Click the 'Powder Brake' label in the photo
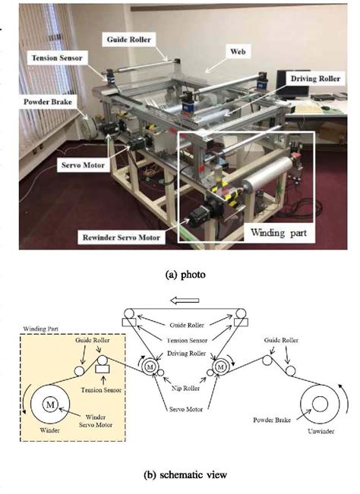pyautogui.click(x=48, y=102)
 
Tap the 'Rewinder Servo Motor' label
pyautogui.click(x=122, y=238)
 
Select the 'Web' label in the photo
pyautogui.click(x=238, y=52)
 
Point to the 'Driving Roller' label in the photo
pyautogui.click(x=315, y=78)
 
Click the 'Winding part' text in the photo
pyautogui.click(x=279, y=233)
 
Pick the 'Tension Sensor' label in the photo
pyautogui.click(x=57, y=58)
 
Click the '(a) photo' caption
pyautogui.click(x=185, y=275)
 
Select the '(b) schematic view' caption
pyautogui.click(x=185, y=475)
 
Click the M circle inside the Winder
pyautogui.click(x=50, y=404)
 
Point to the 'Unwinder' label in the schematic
pyautogui.click(x=321, y=431)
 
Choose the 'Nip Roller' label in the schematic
pyautogui.click(x=185, y=389)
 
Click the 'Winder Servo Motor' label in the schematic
pyautogui.click(x=96, y=421)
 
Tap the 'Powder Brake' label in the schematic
pyautogui.click(x=272, y=420)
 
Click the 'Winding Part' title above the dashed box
pyautogui.click(x=41, y=329)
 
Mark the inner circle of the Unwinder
pyautogui.click(x=320, y=404)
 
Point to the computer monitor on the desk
pyautogui.click(x=293, y=83)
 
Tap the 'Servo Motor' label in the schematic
pyautogui.click(x=185, y=409)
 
